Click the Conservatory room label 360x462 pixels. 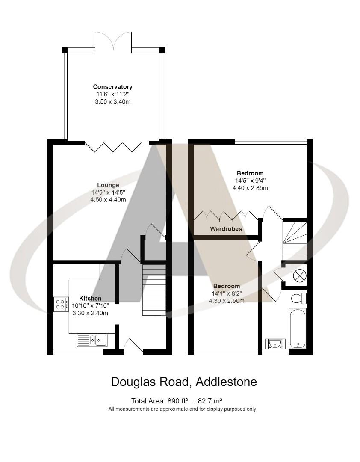(x=112, y=87)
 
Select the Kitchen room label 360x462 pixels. (x=90, y=298)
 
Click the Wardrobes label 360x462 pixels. (x=226, y=229)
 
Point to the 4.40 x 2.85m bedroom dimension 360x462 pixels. (x=250, y=188)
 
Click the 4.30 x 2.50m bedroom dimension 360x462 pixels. (x=226, y=301)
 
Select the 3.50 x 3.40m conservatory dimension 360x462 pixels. (x=112, y=101)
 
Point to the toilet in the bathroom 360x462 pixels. (x=298, y=297)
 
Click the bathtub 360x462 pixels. (x=297, y=328)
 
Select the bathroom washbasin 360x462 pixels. (x=274, y=343)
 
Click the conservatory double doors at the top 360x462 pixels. (x=113, y=41)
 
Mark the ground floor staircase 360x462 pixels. (x=153, y=290)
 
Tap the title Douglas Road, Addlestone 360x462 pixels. (x=184, y=382)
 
